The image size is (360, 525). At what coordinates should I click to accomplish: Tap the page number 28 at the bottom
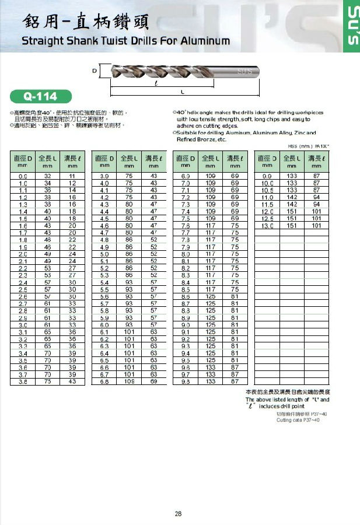coord(179,514)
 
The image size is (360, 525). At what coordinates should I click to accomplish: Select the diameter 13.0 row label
coord(268,225)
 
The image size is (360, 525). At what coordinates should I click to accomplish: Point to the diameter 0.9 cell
coord(23,176)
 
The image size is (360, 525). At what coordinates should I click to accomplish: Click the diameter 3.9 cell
coord(105,176)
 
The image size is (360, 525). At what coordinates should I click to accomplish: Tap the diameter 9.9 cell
coord(268,176)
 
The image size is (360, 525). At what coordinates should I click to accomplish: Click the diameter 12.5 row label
coord(268,218)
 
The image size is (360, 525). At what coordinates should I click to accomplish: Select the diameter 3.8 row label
coord(23,381)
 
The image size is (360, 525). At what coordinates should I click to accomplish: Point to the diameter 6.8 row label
coord(105,381)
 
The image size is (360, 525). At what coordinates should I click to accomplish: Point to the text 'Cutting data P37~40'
coord(298,420)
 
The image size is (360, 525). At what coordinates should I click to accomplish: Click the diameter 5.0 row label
coord(105,254)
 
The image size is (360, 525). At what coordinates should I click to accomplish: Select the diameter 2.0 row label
coord(23,254)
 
